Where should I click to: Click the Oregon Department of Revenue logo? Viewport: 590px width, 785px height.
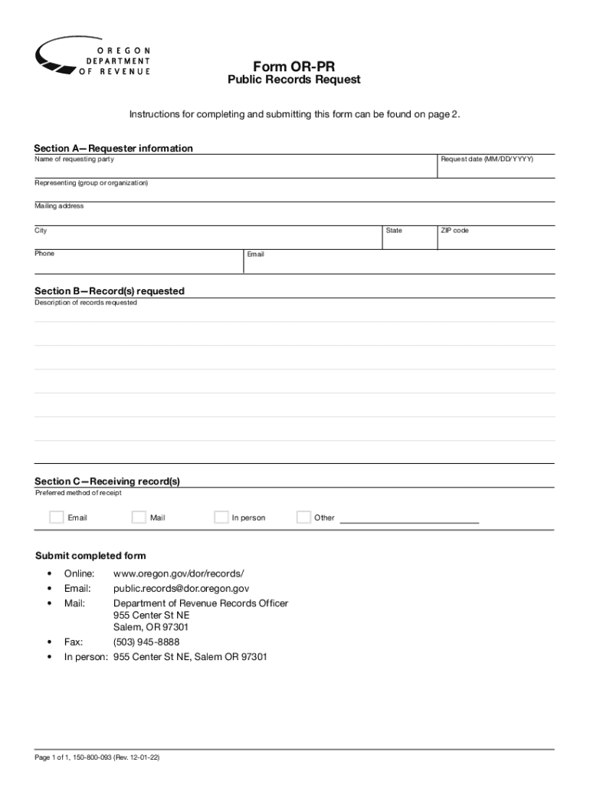93,55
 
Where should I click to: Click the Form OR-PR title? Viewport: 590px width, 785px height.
294,67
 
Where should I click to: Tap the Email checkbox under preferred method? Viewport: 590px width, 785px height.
57,517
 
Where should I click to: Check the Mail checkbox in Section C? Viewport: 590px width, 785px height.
139,517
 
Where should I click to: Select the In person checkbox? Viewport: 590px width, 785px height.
221,517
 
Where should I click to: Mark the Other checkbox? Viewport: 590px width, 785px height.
303,517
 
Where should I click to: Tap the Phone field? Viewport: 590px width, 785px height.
138,264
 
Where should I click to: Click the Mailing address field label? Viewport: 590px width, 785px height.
59,206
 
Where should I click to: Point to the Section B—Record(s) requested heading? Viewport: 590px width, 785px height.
110,291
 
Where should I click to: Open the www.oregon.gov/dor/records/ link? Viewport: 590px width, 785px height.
179,573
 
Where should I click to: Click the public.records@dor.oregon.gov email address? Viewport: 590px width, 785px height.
181,589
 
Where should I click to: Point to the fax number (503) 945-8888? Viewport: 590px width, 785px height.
146,642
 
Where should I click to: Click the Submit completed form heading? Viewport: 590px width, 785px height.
90,556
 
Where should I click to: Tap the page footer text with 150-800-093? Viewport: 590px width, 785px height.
97,757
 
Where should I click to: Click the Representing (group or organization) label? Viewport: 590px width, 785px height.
91,183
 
